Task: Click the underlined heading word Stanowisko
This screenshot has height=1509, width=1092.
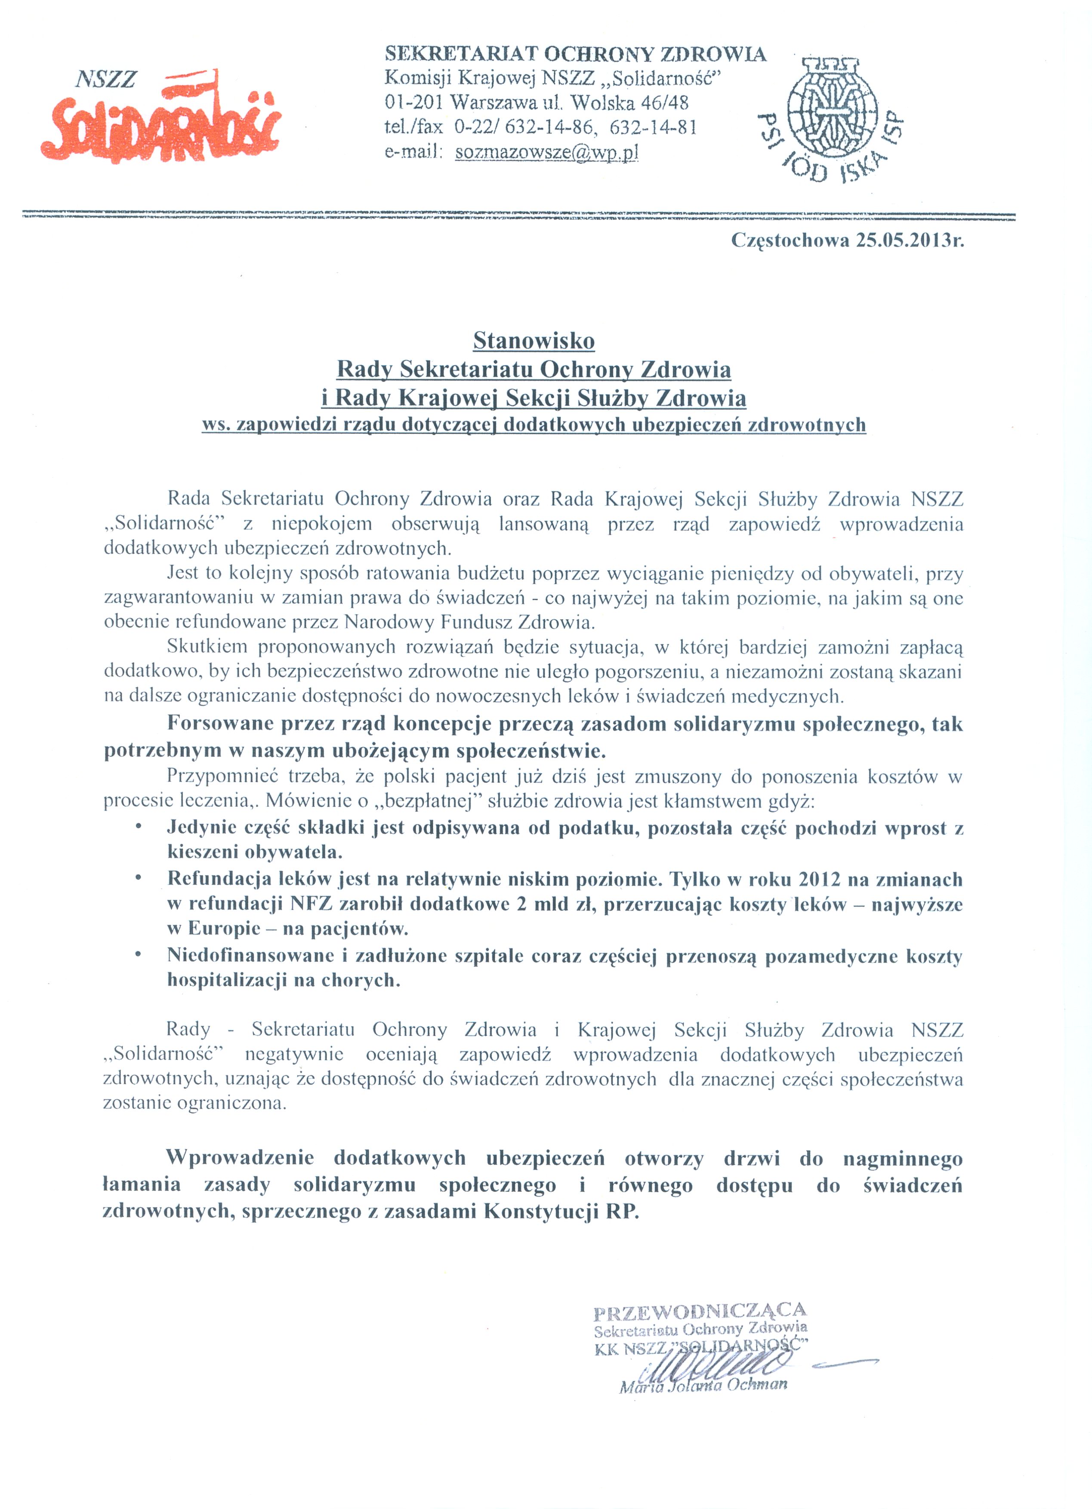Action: click(x=534, y=341)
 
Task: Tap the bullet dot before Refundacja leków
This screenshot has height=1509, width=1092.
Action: click(x=138, y=878)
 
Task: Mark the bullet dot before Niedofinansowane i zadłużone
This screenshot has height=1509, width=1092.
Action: click(x=138, y=955)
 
